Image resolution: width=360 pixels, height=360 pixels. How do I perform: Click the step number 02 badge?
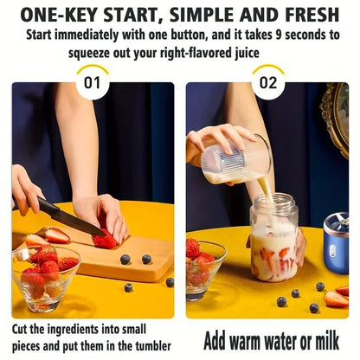point(269,84)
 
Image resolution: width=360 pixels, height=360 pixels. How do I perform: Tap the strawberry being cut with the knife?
point(105,239)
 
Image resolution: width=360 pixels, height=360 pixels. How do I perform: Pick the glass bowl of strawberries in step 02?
point(205,263)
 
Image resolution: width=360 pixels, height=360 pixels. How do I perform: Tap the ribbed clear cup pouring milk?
point(235,161)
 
